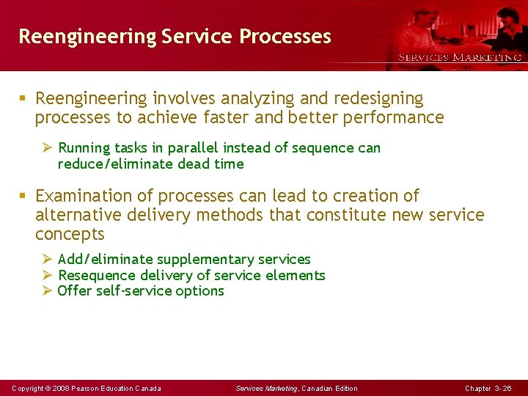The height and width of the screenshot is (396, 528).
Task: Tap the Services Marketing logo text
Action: tap(460, 57)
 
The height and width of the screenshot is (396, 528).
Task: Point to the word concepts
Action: tap(70, 235)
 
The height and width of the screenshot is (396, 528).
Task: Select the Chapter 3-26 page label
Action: tap(488, 388)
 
